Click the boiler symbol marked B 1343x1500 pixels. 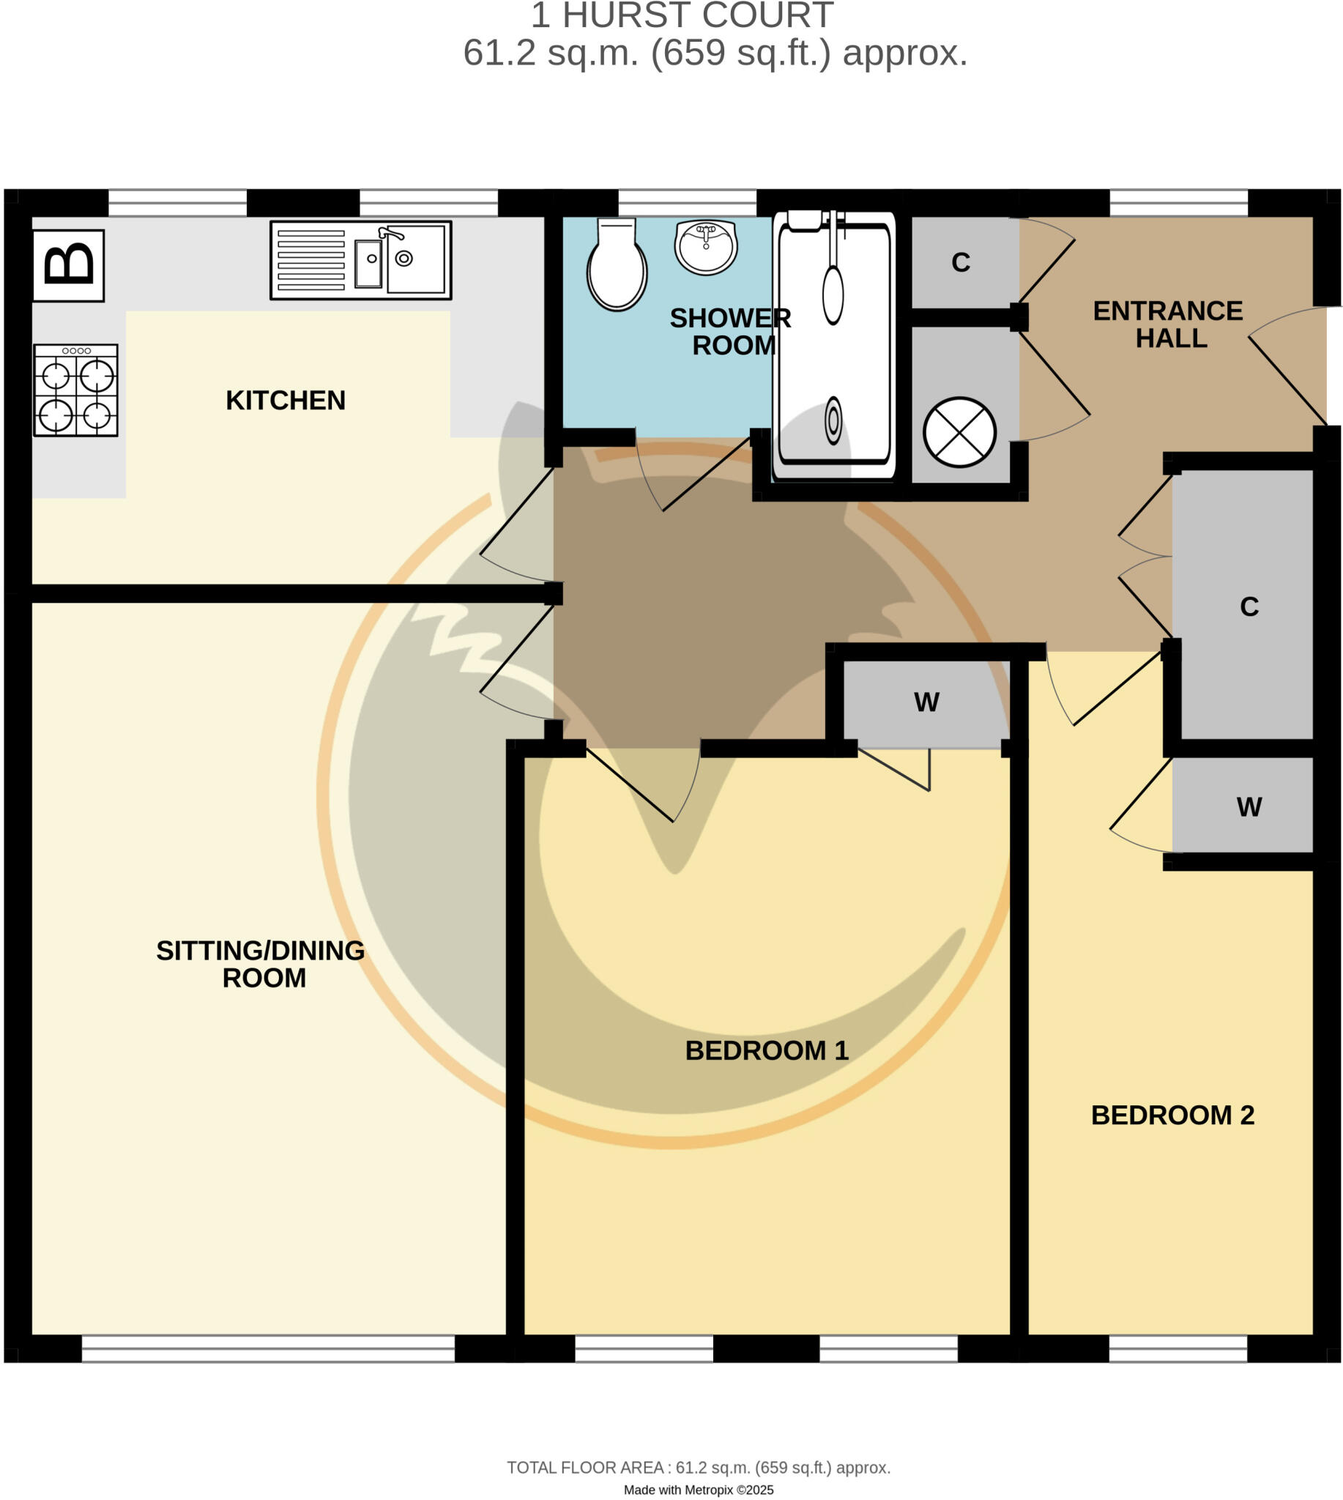[x=69, y=266]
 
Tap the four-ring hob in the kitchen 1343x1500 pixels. [x=76, y=390]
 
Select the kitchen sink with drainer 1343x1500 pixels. [x=361, y=260]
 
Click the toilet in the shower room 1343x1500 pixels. [x=617, y=265]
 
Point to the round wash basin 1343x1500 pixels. [x=706, y=248]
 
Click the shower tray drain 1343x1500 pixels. [x=833, y=420]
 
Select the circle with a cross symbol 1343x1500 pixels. [x=959, y=433]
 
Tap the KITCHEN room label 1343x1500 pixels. [x=286, y=401]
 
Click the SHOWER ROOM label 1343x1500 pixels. [x=731, y=333]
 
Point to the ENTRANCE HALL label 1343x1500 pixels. [x=1168, y=324]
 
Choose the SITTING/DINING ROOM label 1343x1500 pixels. [x=261, y=964]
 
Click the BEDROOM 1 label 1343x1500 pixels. [x=767, y=1051]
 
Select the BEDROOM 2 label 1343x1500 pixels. [x=1172, y=1115]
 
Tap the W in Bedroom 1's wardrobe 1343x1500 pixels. [x=927, y=702]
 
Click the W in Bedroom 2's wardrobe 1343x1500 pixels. [x=1249, y=808]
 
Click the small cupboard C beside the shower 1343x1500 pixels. [x=960, y=263]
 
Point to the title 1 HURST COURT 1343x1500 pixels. [x=682, y=16]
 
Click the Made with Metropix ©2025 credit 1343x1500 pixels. [x=699, y=1490]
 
